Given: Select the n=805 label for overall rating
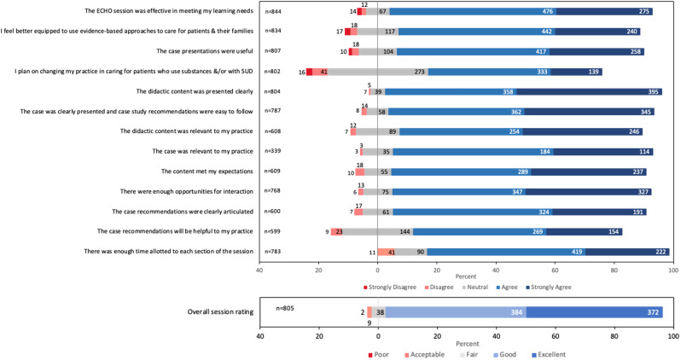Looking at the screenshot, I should pos(285,307).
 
